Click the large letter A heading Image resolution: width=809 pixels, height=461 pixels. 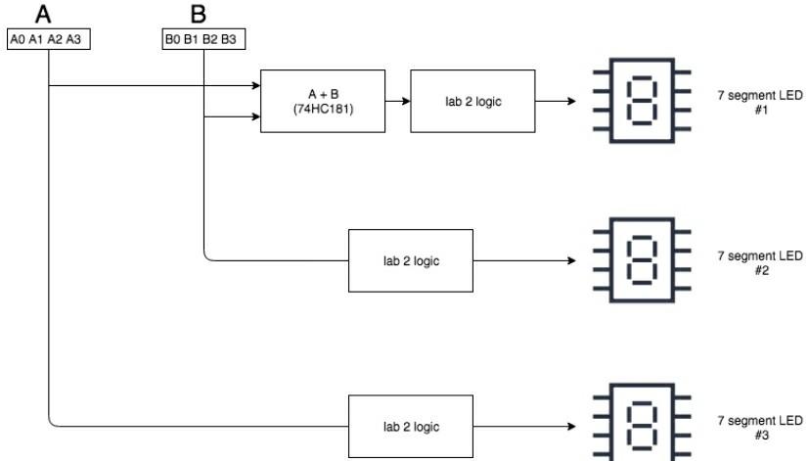point(44,14)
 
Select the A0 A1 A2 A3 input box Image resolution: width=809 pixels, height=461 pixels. point(49,40)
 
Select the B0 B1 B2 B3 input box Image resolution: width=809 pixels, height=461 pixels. point(203,40)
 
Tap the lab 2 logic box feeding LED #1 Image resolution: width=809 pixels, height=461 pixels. point(472,101)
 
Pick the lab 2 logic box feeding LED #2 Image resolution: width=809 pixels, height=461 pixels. point(411,260)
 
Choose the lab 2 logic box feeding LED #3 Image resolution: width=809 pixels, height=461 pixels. point(411,426)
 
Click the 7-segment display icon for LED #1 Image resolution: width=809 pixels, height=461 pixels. point(641,101)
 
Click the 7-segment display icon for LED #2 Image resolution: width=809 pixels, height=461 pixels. point(641,260)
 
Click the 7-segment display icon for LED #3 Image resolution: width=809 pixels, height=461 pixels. point(641,423)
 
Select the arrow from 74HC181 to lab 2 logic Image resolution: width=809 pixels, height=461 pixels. point(397,101)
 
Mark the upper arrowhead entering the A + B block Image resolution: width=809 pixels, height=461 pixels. point(255,85)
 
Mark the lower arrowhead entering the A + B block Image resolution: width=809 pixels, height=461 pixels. point(255,117)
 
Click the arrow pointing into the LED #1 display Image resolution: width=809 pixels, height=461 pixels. point(570,101)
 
